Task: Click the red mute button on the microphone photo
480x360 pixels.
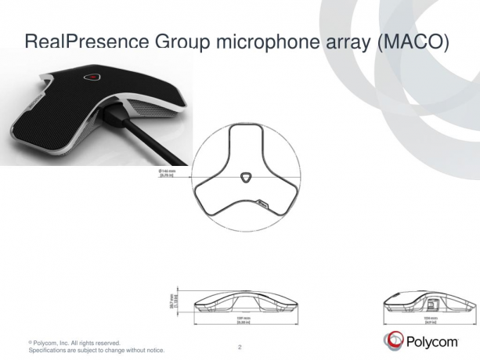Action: tap(92, 77)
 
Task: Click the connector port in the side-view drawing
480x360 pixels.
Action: tap(431, 301)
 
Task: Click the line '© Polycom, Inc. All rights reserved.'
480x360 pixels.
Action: tap(74, 343)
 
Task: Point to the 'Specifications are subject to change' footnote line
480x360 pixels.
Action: tap(96, 351)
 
